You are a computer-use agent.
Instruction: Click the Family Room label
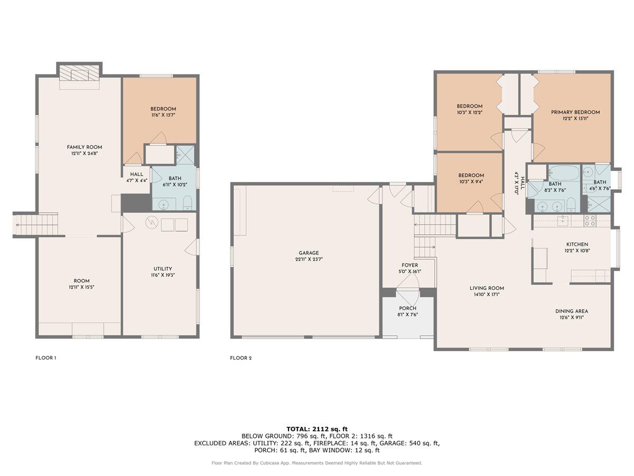click(x=84, y=147)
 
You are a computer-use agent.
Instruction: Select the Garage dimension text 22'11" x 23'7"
click(x=307, y=260)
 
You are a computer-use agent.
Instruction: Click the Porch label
click(x=407, y=308)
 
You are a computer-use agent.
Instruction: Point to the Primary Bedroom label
click(x=575, y=112)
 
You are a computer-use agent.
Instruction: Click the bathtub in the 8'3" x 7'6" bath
click(x=563, y=173)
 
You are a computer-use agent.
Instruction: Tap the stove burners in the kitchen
click(x=590, y=221)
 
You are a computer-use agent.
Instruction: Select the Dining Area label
click(x=571, y=311)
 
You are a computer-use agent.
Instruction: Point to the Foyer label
click(x=409, y=265)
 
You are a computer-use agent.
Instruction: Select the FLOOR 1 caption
click(x=45, y=358)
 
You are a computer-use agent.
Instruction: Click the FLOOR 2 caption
click(x=240, y=358)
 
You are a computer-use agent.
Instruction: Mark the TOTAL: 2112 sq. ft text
click(x=316, y=428)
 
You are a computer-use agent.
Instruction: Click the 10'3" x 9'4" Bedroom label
click(x=471, y=176)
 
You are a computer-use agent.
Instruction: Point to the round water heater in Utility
click(x=152, y=224)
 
